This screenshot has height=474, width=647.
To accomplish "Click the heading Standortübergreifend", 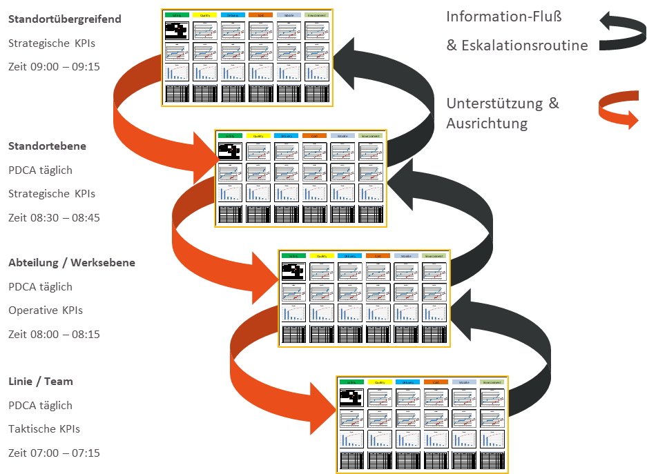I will point(64,19).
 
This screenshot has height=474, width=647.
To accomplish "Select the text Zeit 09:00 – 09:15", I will point(54,67).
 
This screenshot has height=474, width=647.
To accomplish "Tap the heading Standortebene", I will point(47,146).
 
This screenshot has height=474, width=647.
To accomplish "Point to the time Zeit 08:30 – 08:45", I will point(54,217).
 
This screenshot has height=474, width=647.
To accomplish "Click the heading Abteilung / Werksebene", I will point(72,263).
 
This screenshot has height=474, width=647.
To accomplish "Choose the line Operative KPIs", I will point(46,310).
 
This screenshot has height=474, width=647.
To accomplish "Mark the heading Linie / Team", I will point(41,382).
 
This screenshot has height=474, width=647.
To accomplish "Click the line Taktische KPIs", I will point(44,429).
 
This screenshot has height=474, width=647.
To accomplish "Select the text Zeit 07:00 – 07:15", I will point(54,453).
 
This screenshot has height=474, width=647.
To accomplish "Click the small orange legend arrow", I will point(619,112).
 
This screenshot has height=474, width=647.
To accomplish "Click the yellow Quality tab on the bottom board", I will point(380,382).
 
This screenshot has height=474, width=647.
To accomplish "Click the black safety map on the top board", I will point(177,30).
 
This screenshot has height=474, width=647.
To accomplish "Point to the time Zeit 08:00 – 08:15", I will point(54,334).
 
